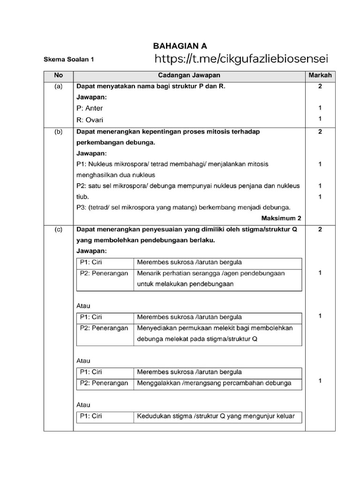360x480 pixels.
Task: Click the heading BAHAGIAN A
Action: coord(180,46)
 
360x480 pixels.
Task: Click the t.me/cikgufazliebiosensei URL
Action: coord(241,59)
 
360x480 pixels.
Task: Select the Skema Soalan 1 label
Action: coord(69,60)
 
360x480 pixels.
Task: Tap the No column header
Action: coord(58,75)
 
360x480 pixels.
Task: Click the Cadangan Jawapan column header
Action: coord(189,75)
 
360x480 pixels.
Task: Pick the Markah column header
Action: coord(320,75)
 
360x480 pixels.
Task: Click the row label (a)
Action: coord(58,87)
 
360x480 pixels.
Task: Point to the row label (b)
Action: coord(58,132)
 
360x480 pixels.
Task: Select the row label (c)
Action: coord(58,229)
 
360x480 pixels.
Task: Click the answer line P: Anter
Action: coord(90,108)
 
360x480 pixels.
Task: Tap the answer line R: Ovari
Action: coord(90,120)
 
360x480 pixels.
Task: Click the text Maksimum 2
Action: coord(281,218)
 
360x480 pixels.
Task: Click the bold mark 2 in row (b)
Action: coord(320,132)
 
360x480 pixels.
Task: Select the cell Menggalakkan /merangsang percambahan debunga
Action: coord(214,383)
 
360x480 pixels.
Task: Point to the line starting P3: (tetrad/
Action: coord(183,207)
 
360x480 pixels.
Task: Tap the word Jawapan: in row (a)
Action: coord(91,97)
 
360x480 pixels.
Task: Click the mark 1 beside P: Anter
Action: coord(320,108)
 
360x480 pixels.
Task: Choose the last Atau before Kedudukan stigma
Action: coord(83,405)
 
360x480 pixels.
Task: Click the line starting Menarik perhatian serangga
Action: coord(211,273)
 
